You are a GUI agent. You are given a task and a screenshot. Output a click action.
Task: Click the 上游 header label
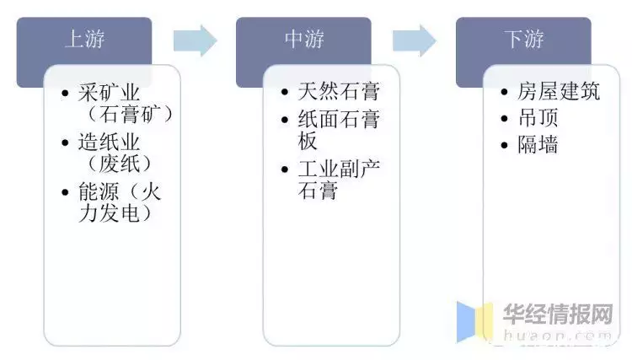pos(84,40)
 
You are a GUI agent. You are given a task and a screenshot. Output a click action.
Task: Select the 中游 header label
pos(304,40)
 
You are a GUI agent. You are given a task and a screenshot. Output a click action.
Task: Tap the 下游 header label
pos(524,40)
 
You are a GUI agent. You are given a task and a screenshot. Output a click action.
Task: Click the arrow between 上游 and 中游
pos(195,40)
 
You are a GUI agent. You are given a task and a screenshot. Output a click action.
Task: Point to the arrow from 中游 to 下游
pos(415,40)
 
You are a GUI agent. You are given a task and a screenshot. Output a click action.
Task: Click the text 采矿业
pos(109,93)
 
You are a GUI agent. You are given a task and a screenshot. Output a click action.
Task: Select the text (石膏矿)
pos(130,115)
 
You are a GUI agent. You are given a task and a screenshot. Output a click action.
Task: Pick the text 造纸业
pos(109,142)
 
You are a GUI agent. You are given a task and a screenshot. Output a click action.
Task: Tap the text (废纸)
pos(120,164)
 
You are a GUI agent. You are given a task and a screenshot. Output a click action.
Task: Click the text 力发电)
pos(115,213)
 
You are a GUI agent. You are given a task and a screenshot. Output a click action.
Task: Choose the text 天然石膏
pos(339,91)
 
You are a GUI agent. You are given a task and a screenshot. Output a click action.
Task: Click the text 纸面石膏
pos(339,119)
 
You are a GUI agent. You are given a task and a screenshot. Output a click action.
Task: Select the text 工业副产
pos(339,169)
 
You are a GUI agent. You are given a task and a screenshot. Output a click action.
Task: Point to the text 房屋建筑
pos(559,91)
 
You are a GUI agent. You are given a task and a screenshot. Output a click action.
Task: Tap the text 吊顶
pos(538,118)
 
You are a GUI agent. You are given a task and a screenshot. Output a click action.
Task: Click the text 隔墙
pos(538,144)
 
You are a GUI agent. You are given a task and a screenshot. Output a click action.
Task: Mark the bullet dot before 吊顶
pos(504,119)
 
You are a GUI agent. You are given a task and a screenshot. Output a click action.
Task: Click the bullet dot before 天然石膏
pos(285,92)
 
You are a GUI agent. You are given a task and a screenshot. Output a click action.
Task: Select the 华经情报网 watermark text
pos(558,314)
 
